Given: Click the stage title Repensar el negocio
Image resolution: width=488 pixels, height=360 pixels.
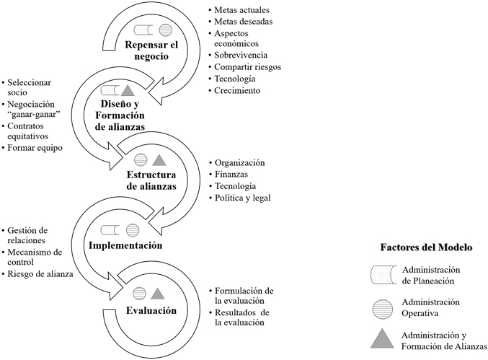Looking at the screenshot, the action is click(x=151, y=51).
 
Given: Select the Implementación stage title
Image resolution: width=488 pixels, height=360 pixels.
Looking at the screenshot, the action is click(x=125, y=245).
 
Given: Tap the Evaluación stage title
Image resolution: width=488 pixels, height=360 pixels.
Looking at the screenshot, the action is click(x=151, y=310).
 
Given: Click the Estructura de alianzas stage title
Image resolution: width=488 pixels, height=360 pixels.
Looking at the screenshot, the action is click(x=151, y=180).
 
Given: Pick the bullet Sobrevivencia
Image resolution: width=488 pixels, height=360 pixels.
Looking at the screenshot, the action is click(x=241, y=55).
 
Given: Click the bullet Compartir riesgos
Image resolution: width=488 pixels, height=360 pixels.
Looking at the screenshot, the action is click(x=247, y=67).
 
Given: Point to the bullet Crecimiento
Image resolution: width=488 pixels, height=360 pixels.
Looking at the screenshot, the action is click(x=237, y=91).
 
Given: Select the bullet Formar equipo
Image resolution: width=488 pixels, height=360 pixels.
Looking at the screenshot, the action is click(x=35, y=148).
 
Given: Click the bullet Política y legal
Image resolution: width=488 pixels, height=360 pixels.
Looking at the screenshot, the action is click(x=243, y=198).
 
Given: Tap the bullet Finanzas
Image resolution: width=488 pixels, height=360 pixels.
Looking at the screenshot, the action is click(x=231, y=175).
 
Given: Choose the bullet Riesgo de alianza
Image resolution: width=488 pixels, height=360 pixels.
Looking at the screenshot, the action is click(x=40, y=274).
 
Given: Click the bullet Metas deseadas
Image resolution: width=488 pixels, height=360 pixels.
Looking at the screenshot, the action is click(x=244, y=22).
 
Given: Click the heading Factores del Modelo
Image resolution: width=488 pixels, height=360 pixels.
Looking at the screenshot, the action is click(x=427, y=247).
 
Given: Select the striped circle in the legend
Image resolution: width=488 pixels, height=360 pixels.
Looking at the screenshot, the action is click(x=383, y=309).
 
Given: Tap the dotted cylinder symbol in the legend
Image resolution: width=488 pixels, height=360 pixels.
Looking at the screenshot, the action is click(x=383, y=275).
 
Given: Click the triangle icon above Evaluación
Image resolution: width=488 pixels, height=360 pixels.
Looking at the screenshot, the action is click(x=157, y=294).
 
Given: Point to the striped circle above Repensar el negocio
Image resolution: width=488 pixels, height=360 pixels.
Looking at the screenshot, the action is click(x=165, y=30).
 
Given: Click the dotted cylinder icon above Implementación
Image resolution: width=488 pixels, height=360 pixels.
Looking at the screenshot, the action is click(x=110, y=230).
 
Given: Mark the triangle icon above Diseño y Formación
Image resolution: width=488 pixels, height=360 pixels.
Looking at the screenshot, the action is click(x=128, y=91).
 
